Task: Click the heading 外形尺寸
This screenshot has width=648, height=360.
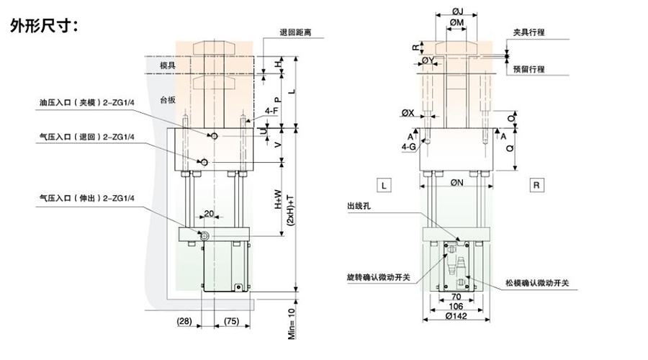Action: [48, 27]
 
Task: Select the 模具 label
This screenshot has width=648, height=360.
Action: [168, 65]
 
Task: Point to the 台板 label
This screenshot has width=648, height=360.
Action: [168, 99]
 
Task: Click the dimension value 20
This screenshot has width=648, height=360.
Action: [210, 214]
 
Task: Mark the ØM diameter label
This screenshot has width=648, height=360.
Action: [456, 23]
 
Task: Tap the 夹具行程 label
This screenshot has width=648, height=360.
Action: [528, 33]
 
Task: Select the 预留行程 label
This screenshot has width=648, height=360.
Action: [528, 69]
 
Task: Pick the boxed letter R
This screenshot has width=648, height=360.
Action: [537, 185]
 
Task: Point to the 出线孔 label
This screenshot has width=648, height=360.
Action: [358, 207]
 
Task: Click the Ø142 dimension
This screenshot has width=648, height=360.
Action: [456, 315]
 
